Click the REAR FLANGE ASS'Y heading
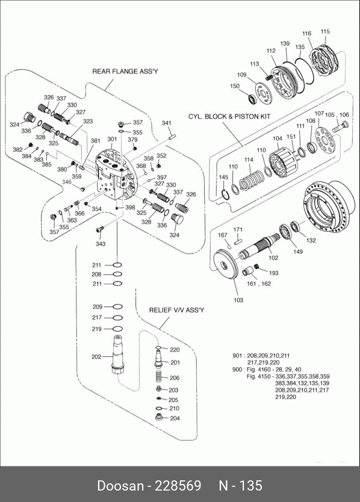coord(125,72)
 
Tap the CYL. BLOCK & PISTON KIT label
coord(229,116)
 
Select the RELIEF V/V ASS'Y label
coord(176,310)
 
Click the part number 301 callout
coord(112,139)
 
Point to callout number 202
coord(96,357)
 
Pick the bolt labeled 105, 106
coord(340,127)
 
